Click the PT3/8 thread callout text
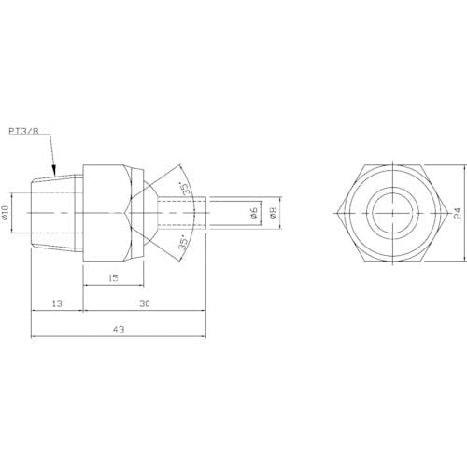pyautogui.click(x=23, y=131)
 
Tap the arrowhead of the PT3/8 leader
pyautogui.click(x=54, y=171)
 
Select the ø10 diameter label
pyautogui.click(x=5, y=213)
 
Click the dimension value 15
pyautogui.click(x=113, y=278)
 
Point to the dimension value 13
pyautogui.click(x=57, y=304)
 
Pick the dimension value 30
pyautogui.click(x=145, y=304)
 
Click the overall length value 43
pyautogui.click(x=119, y=329)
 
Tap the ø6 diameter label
pyautogui.click(x=254, y=213)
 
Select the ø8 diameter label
pyautogui.click(x=273, y=213)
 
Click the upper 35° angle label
pyautogui.click(x=186, y=189)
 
